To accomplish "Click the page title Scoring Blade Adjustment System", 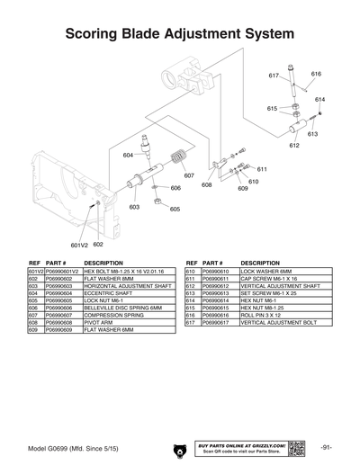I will (x=180, y=33).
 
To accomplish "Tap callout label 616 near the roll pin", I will (x=316, y=74).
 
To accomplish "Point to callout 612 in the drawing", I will (x=293, y=145).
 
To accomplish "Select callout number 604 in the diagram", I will (x=129, y=156).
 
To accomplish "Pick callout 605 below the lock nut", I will (x=175, y=209).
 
